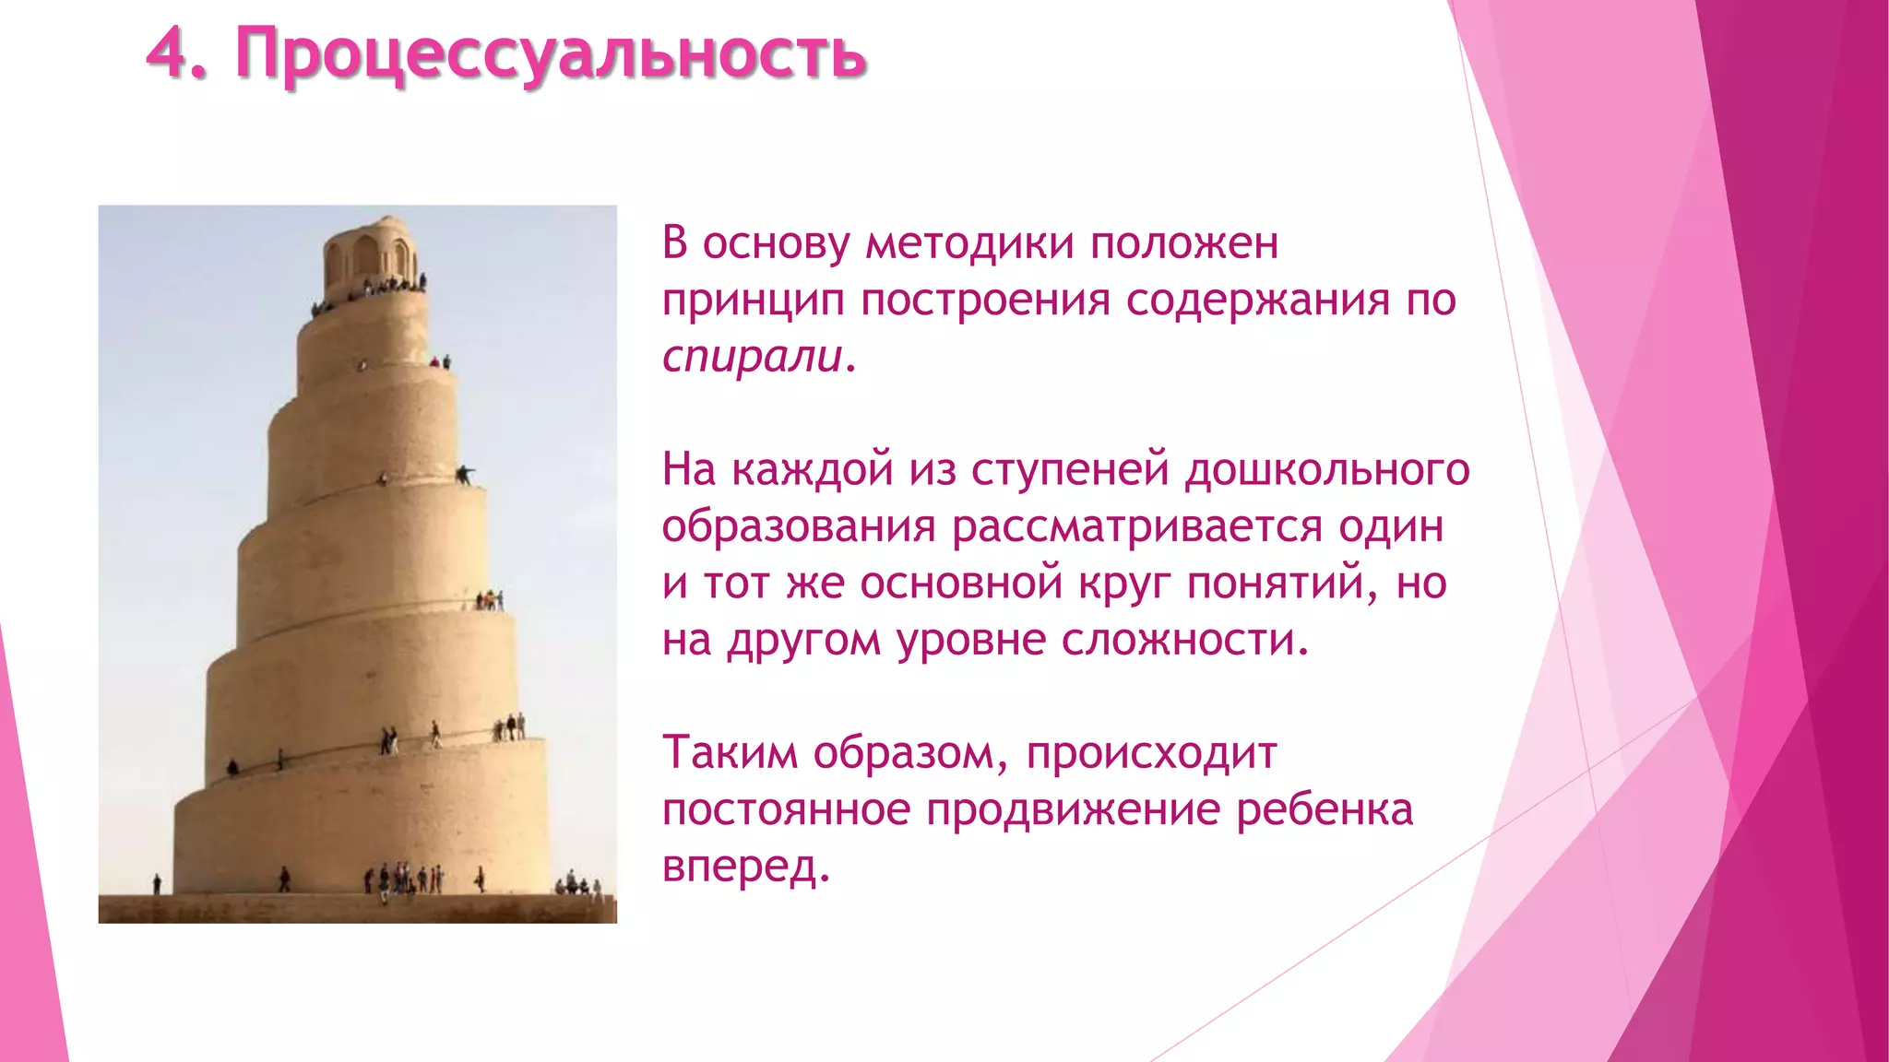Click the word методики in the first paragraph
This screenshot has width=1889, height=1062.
pos(970,244)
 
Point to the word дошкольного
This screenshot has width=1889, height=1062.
pos(1326,470)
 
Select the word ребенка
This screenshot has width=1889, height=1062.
pos(1324,810)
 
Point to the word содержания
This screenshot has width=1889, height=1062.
pos(1257,301)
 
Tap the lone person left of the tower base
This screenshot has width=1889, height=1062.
pos(157,883)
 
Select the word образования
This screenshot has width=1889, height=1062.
pos(799,527)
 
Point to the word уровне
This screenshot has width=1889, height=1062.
pos(971,641)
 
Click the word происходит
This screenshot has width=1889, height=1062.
pos(1151,753)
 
